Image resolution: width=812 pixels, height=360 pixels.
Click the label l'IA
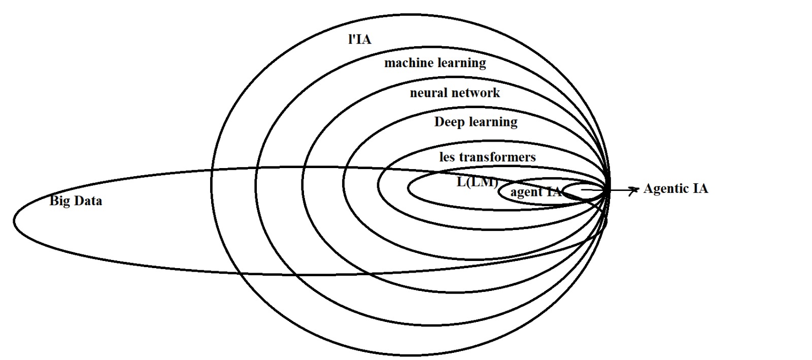pyautogui.click(x=359, y=40)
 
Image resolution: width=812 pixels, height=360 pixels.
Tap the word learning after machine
pyautogui.click(x=461, y=63)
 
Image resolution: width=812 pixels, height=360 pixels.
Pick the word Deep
pyautogui.click(x=449, y=122)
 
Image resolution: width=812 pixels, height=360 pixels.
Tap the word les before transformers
pyautogui.click(x=447, y=157)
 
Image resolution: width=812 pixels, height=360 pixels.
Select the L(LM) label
pyautogui.click(x=477, y=182)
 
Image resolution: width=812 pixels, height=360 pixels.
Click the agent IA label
pyautogui.click(x=536, y=192)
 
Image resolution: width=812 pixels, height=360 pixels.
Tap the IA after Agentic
pyautogui.click(x=700, y=189)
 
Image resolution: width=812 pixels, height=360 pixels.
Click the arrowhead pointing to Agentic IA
pyautogui.click(x=634, y=190)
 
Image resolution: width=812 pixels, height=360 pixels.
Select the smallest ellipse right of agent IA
pyautogui.click(x=584, y=190)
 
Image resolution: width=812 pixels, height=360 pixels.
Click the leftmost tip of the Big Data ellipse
pyautogui.click(x=14, y=221)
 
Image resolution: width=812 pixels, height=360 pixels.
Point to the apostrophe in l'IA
pyautogui.click(x=352, y=37)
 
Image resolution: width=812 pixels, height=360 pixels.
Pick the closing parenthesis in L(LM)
pyautogui.click(x=496, y=182)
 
